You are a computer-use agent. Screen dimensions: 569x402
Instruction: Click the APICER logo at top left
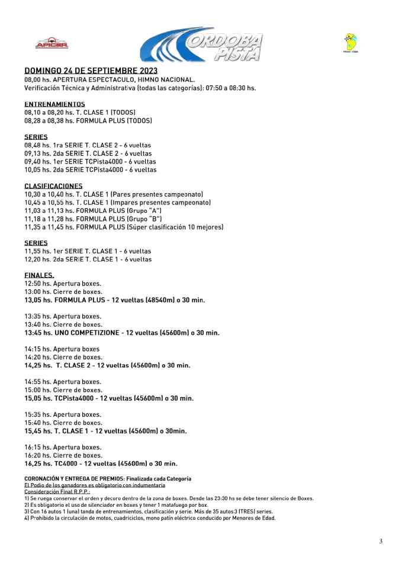click(52, 44)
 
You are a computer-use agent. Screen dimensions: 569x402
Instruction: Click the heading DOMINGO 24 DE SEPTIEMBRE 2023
click(91, 71)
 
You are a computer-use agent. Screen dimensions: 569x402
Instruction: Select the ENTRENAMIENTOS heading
click(54, 104)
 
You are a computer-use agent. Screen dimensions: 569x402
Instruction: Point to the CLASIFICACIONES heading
click(53, 186)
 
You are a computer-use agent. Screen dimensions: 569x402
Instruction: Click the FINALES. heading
click(39, 275)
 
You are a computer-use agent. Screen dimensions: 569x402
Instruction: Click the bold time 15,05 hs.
click(38, 398)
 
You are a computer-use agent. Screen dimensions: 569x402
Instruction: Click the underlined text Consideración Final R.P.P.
click(56, 492)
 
